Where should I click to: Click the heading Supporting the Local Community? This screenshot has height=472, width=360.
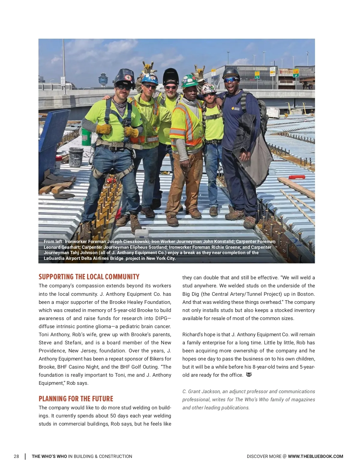[89, 277]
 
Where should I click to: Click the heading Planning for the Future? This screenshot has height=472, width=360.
[76, 399]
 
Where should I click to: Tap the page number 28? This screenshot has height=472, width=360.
[16, 456]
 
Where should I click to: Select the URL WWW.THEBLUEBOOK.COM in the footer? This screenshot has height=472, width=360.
[315, 456]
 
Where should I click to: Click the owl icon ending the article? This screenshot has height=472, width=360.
[249, 375]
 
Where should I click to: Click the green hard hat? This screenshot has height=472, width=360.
[190, 80]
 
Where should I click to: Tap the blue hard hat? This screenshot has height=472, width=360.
[150, 78]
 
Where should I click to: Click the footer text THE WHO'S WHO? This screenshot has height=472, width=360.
[49, 456]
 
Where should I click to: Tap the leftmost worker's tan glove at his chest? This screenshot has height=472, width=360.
[103, 129]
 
